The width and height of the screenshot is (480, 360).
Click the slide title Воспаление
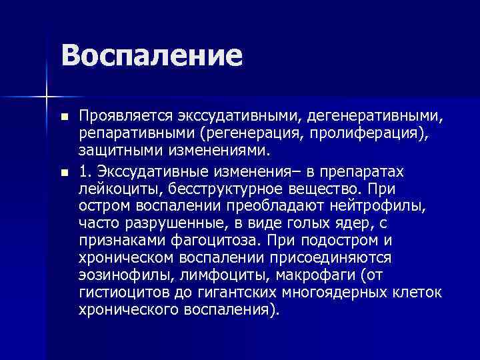152,55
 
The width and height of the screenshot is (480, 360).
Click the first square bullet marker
63,117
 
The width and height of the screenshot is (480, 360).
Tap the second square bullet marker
63,173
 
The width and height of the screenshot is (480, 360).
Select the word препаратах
377,172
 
